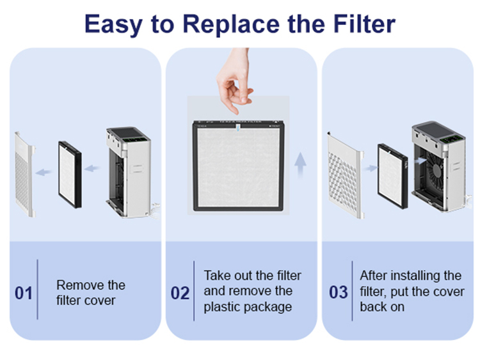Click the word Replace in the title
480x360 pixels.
(x=231, y=24)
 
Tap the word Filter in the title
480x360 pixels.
(x=364, y=24)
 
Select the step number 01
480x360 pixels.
(x=24, y=293)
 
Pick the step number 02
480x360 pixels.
(x=180, y=293)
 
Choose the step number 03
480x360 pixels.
(x=339, y=292)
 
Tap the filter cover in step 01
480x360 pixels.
(x=24, y=175)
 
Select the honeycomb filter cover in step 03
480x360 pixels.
(x=346, y=175)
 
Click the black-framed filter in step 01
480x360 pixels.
(x=70, y=175)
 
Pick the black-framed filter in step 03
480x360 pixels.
(x=392, y=176)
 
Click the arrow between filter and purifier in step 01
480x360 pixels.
(x=92, y=168)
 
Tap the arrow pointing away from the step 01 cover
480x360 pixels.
(x=43, y=172)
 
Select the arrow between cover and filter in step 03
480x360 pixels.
(x=371, y=168)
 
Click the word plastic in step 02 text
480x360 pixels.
(x=223, y=307)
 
